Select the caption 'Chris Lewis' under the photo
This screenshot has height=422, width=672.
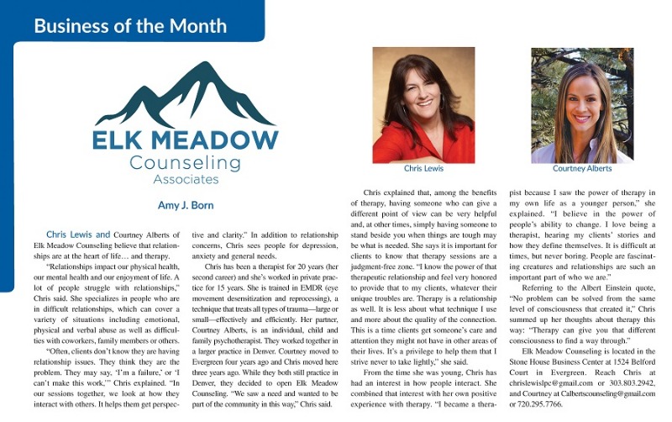(423, 169)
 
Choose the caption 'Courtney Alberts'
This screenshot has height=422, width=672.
(581, 169)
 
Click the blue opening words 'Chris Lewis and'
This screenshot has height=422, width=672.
(79, 235)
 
